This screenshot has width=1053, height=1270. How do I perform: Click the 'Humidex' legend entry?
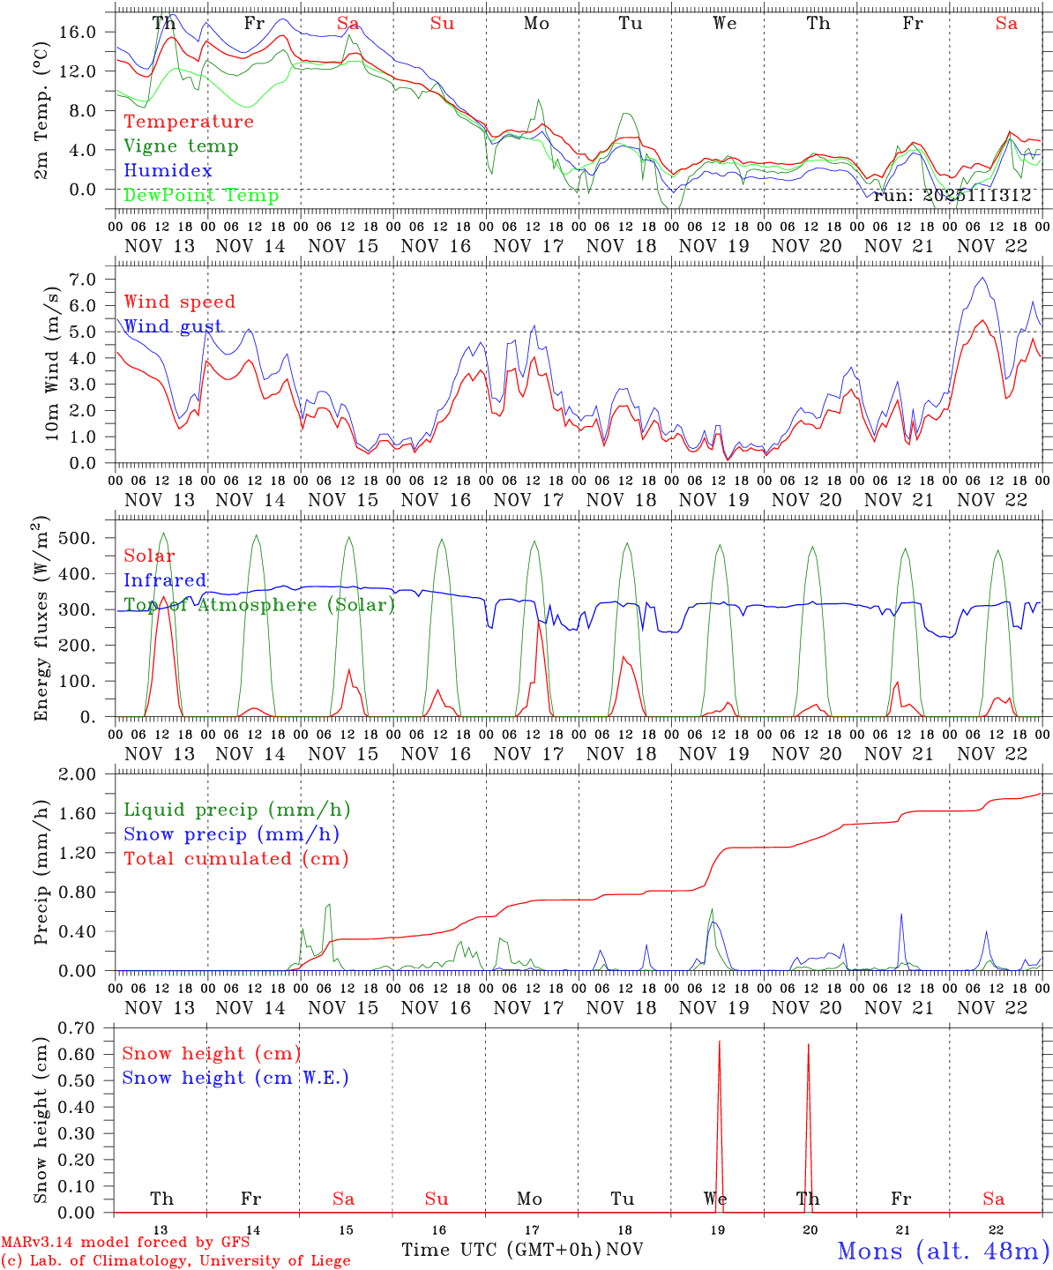(x=168, y=170)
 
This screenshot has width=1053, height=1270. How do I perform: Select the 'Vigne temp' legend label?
(x=181, y=146)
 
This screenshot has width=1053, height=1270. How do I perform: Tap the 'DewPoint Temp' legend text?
(x=201, y=195)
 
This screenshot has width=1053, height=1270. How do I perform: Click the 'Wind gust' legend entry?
(x=173, y=326)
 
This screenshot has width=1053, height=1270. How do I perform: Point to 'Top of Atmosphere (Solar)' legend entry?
(x=258, y=605)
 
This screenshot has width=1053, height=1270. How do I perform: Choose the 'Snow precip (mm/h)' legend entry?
(x=231, y=834)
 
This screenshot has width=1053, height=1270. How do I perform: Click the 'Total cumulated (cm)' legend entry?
(x=235, y=858)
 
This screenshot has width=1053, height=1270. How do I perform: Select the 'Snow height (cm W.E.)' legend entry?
(x=235, y=1078)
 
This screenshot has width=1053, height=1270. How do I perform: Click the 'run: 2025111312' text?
(x=952, y=196)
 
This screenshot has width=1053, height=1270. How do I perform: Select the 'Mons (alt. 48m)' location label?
(x=943, y=1251)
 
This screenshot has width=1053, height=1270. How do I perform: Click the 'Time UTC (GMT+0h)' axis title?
(x=501, y=1250)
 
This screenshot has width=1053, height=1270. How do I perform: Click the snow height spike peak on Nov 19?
(x=719, y=1042)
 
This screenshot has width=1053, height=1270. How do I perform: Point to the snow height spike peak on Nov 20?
(x=808, y=1045)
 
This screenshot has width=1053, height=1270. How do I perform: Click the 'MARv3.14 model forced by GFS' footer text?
(x=125, y=1242)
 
